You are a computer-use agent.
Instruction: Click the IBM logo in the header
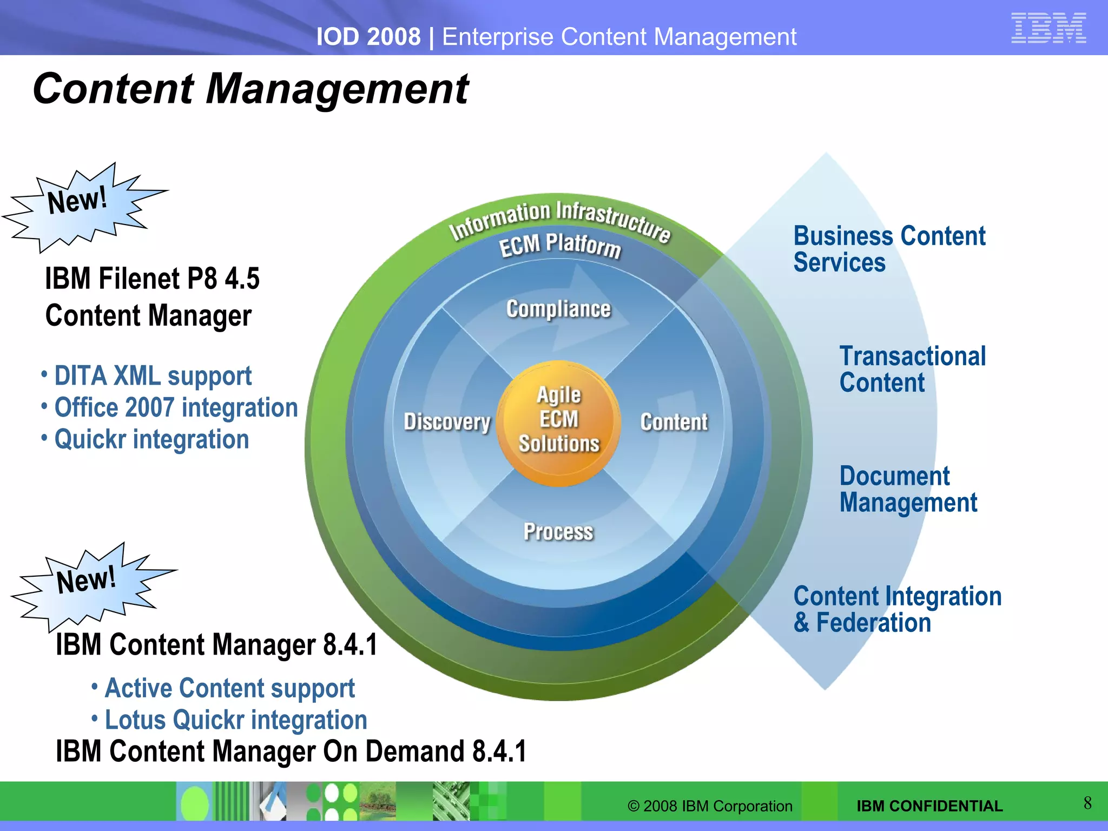pyautogui.click(x=1048, y=28)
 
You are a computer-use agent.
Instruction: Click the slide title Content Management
pyautogui.click(x=250, y=89)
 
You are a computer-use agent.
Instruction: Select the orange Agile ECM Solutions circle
pyautogui.click(x=559, y=422)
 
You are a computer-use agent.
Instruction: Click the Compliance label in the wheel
pyautogui.click(x=558, y=309)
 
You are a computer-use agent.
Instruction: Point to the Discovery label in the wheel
pyautogui.click(x=447, y=422)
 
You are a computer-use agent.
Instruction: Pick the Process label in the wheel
pyautogui.click(x=558, y=532)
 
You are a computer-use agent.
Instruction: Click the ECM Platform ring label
pyautogui.click(x=559, y=245)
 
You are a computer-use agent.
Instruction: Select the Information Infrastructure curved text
pyautogui.click(x=560, y=219)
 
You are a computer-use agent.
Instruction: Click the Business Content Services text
pyautogui.click(x=889, y=249)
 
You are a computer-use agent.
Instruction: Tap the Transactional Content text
pyautogui.click(x=912, y=370)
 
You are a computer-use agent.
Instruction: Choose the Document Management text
pyautogui.click(x=908, y=490)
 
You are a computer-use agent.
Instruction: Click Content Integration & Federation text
pyautogui.click(x=897, y=610)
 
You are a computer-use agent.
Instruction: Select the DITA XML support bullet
pyautogui.click(x=153, y=376)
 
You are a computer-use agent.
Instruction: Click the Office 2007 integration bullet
pyautogui.click(x=176, y=408)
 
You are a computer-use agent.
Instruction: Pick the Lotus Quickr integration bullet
pyautogui.click(x=235, y=720)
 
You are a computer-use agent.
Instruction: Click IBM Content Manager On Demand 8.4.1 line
pyautogui.click(x=291, y=752)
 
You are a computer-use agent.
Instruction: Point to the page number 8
pyautogui.click(x=1087, y=803)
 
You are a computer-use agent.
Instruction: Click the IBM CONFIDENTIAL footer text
pyautogui.click(x=929, y=806)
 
